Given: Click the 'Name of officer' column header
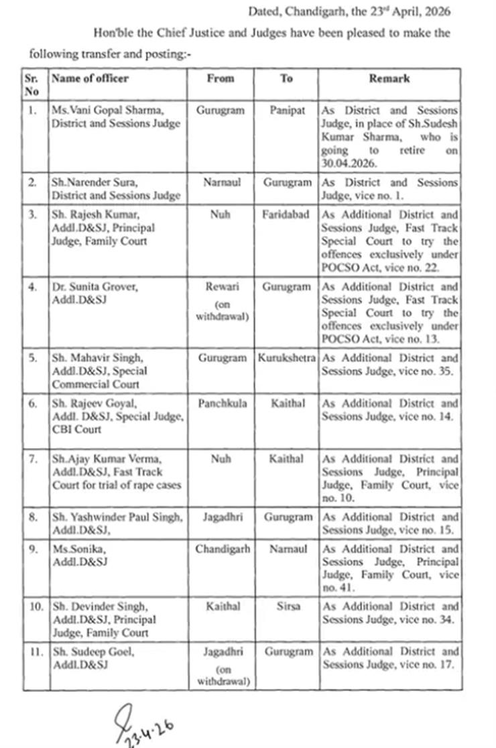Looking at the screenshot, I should [90, 78].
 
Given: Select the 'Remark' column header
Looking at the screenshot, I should [389, 78].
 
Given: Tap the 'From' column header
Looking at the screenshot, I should [221, 78].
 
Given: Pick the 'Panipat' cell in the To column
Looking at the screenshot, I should [287, 111].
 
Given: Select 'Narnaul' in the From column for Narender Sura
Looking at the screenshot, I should [221, 182].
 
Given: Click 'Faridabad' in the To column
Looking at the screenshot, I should [287, 215].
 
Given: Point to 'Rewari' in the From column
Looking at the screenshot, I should [221, 287].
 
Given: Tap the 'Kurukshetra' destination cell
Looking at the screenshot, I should [287, 359].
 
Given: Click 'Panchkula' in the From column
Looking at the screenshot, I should [221, 404].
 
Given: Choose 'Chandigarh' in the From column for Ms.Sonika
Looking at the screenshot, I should [223, 549].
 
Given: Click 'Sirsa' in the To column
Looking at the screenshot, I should [287, 607].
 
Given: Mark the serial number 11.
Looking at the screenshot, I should [34, 651].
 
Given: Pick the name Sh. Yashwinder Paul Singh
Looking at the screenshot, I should [117, 517].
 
